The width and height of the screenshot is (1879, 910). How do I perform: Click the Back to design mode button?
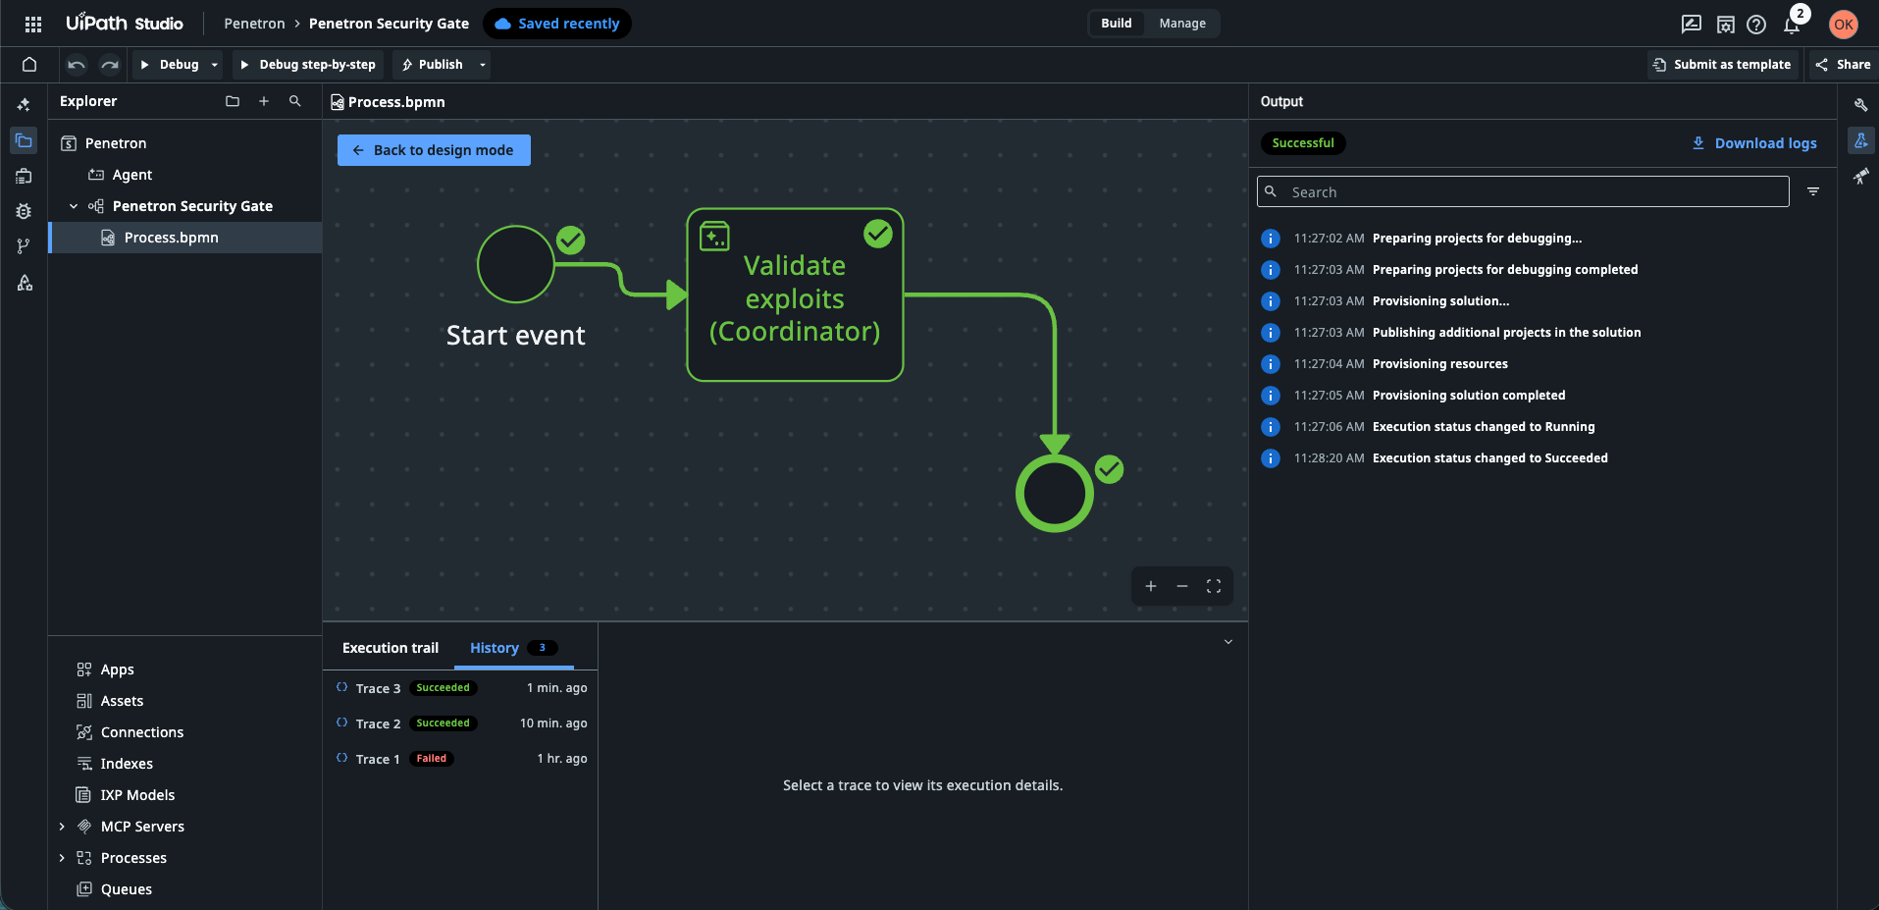pos(434,150)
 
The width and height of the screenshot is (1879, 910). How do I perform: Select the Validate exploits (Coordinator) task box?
pos(795,294)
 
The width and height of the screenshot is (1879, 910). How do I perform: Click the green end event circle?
pos(1055,493)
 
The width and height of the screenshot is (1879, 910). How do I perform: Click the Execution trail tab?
pos(391,648)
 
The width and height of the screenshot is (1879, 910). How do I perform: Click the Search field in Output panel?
pos(1523,191)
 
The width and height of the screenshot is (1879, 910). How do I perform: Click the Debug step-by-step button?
pos(308,65)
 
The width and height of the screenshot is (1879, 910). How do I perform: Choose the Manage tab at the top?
pos(1182,24)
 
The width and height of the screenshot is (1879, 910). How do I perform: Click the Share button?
pos(1843,65)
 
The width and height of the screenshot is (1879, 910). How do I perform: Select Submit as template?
pos(1722,65)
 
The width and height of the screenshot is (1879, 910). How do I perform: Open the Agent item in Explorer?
pos(132,175)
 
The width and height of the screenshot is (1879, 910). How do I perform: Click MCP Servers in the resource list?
pos(142,827)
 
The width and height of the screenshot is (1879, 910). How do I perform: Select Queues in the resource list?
pos(127,889)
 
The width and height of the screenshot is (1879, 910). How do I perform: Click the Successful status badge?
pos(1303,143)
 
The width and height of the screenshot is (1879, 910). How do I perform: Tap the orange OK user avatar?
pos(1844,25)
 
